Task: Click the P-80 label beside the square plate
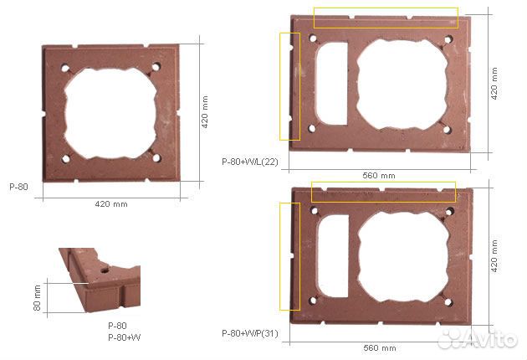(18, 187)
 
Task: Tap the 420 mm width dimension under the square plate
(111, 204)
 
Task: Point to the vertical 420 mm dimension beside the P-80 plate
(205, 111)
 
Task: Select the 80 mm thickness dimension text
(37, 298)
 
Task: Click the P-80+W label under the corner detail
(125, 337)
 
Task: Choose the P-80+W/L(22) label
(250, 162)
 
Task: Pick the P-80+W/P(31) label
(250, 333)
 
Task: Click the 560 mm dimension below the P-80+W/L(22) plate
(379, 175)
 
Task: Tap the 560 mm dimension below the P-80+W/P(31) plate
(380, 348)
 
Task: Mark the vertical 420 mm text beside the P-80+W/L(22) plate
(494, 83)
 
